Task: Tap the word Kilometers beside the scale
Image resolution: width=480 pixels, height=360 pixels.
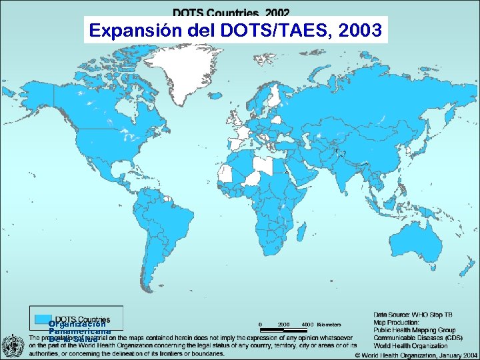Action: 329,325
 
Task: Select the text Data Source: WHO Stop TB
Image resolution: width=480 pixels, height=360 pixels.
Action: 413,313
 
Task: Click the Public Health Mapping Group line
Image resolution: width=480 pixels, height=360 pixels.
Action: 415,329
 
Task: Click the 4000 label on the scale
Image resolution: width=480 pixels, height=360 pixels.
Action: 307,325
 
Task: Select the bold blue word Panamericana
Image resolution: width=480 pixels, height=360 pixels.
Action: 79,331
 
